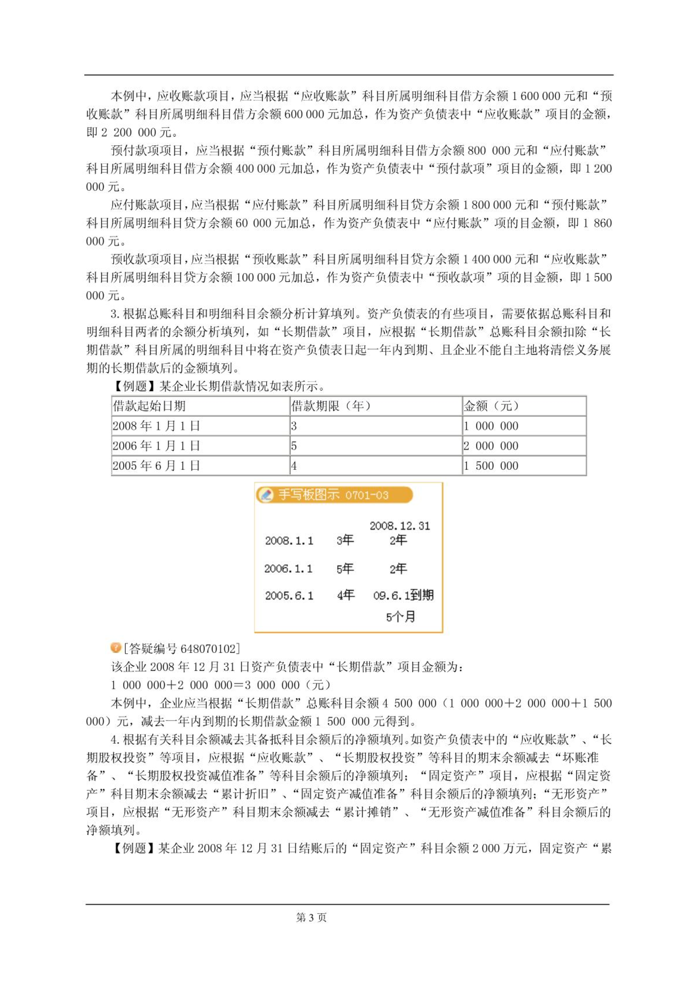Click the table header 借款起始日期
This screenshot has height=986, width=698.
[x=149, y=406]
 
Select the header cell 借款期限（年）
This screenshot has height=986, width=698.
[x=331, y=406]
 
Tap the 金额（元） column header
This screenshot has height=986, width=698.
[x=491, y=406]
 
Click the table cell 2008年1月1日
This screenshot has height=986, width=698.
[x=156, y=426]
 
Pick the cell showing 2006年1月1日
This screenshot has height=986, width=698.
[x=156, y=446]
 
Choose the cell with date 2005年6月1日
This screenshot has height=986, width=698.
[x=156, y=465]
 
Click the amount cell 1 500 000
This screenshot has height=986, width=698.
[x=491, y=465]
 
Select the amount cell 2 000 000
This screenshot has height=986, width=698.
[x=491, y=446]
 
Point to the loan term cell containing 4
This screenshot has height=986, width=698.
[x=294, y=466]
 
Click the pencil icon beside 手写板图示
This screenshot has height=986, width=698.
[x=265, y=495]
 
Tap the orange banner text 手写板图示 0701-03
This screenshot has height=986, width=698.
[x=333, y=495]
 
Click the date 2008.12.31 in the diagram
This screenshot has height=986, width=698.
[x=399, y=525]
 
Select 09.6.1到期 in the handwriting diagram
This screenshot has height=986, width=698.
[x=403, y=595]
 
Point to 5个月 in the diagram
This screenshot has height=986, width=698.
[x=400, y=617]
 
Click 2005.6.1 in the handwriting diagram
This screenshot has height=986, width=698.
[x=289, y=595]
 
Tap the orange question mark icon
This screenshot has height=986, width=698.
[x=116, y=647]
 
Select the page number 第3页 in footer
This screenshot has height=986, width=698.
[x=311, y=917]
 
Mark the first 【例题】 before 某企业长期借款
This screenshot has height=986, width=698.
[x=130, y=386]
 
